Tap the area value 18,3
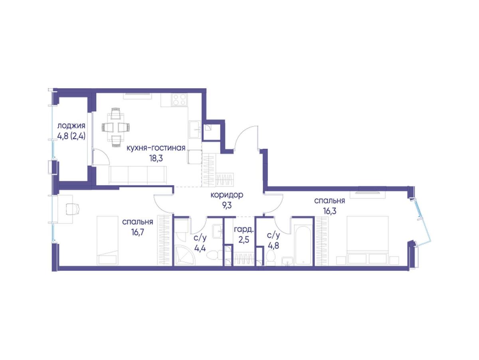click(x=156, y=158)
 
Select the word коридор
click(x=227, y=195)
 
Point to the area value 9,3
click(x=227, y=206)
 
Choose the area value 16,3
click(x=329, y=211)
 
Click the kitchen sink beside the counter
click(x=195, y=130)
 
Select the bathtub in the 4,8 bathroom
click(x=303, y=245)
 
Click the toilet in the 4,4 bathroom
click(x=214, y=255)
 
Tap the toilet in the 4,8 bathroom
click(x=271, y=257)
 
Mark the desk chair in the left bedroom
click(x=73, y=209)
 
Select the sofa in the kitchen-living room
click(x=138, y=175)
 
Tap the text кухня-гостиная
click(x=156, y=148)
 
